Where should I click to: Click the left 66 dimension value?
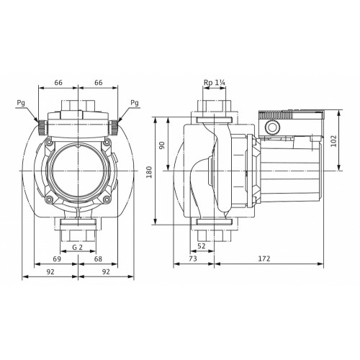pos(58,83)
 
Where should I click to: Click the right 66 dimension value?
pos(99,83)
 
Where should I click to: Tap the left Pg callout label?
pos(21,103)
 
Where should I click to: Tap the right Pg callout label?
pos(135,103)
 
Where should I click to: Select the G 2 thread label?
pos(78,247)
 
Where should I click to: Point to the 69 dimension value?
pos(57,259)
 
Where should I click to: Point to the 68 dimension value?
pos(98,259)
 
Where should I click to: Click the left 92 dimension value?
pos(50,271)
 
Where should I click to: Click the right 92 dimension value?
pos(106,271)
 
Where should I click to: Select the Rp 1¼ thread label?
pos(215,83)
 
